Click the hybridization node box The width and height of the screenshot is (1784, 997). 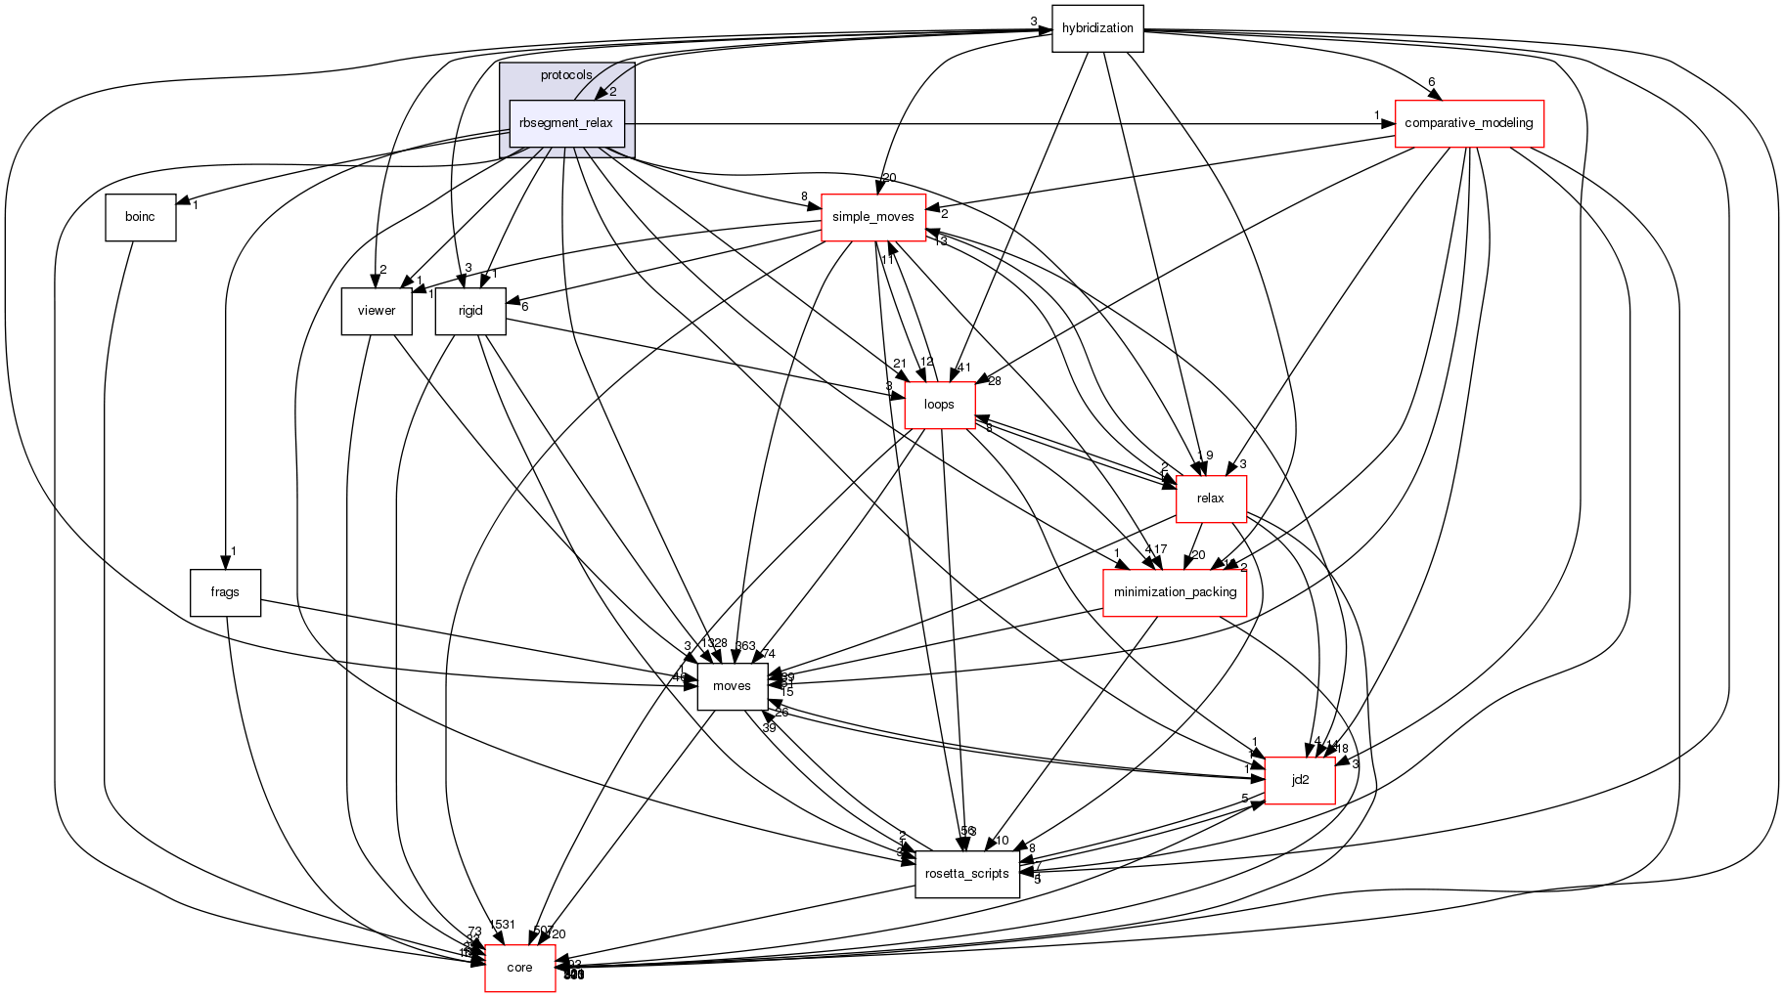(1097, 28)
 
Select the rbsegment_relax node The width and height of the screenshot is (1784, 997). (566, 123)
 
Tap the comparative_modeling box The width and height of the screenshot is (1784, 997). (1468, 123)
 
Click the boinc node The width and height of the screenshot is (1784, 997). (140, 217)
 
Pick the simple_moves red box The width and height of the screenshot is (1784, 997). (872, 217)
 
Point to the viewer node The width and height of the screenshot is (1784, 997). (377, 311)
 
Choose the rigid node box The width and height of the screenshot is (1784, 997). (470, 311)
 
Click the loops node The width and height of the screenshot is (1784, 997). (939, 405)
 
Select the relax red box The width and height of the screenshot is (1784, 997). (1210, 498)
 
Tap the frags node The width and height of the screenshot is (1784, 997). (225, 592)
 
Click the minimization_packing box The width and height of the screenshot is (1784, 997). (1175, 592)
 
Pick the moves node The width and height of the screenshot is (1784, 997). (732, 686)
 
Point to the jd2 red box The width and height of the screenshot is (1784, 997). (1300, 780)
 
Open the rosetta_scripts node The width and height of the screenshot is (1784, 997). (966, 874)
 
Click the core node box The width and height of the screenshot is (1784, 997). (519, 968)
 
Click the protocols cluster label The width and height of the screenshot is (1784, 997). (566, 75)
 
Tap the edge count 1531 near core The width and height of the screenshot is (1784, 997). (503, 925)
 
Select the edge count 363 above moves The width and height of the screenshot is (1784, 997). (745, 645)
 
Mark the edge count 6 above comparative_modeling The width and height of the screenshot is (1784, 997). (1431, 82)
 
